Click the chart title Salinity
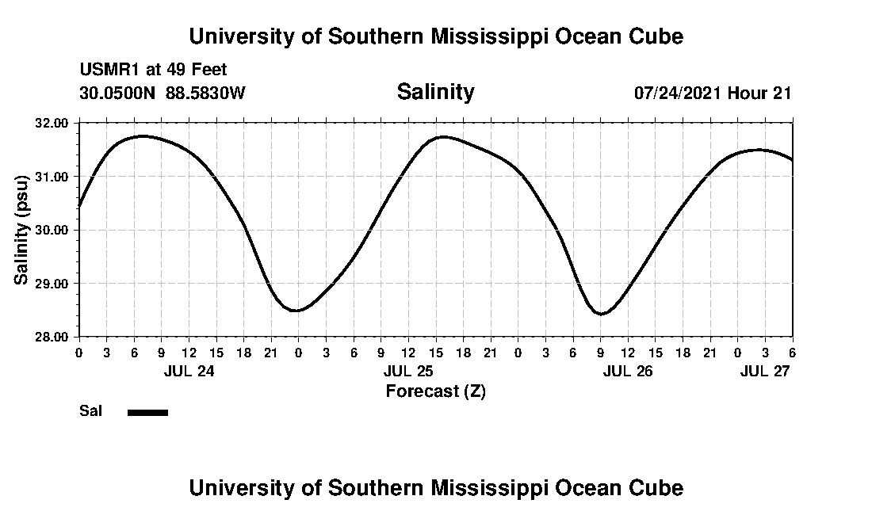point(435,92)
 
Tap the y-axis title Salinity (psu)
point(22,230)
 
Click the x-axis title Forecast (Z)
point(435,391)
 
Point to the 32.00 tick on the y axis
point(52,123)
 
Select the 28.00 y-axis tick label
point(52,337)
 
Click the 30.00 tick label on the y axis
point(52,230)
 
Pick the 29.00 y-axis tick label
point(52,284)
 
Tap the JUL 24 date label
point(188,370)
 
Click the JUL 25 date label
point(408,370)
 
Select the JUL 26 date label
point(628,370)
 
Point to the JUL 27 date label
point(765,370)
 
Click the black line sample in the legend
point(147,412)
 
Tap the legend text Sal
point(90,411)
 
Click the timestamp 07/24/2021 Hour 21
point(713,93)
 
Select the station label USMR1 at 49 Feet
point(153,71)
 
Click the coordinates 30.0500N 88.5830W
point(163,93)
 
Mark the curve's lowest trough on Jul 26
point(602,314)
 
